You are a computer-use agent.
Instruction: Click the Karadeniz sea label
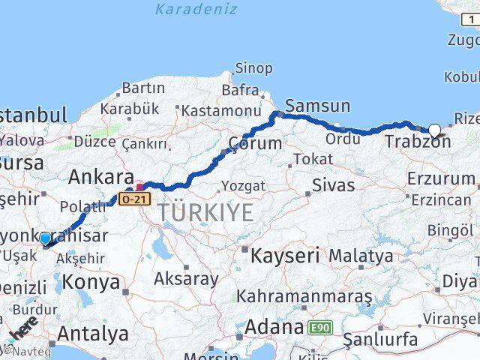point(196,10)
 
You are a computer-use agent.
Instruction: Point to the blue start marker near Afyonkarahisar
point(46,239)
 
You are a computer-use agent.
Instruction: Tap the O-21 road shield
point(134,199)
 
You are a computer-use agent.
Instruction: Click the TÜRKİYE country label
point(205,213)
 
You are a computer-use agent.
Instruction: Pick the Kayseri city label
point(284,255)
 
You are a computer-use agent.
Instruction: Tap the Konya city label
point(92,282)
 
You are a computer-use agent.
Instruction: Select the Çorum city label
point(255,143)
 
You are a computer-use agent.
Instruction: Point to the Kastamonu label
point(211,110)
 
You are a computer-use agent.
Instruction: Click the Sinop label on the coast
point(253,68)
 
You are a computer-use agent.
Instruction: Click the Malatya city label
point(365,256)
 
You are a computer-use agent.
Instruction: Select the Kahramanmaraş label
point(304,296)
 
